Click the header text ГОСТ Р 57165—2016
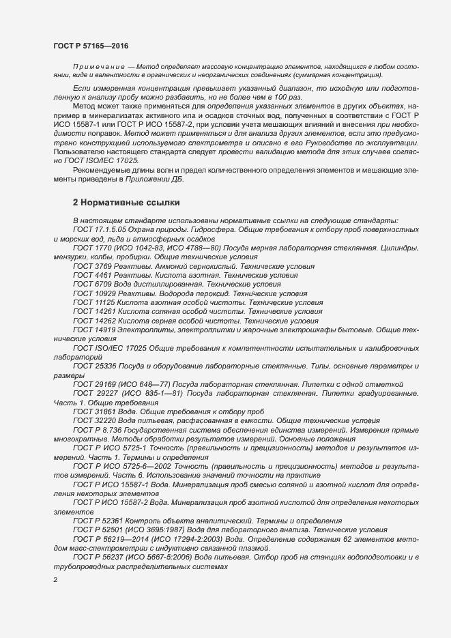[90, 44]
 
